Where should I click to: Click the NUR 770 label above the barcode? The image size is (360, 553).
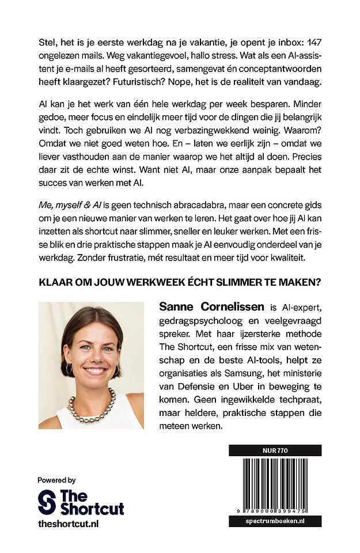pyautogui.click(x=275, y=449)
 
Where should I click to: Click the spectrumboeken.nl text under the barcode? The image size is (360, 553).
pyautogui.click(x=275, y=521)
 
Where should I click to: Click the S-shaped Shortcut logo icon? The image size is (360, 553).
pyautogui.click(x=47, y=502)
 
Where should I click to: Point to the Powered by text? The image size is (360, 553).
pyautogui.click(x=56, y=480)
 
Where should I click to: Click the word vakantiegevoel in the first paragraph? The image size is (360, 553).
pyautogui.click(x=157, y=56)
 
